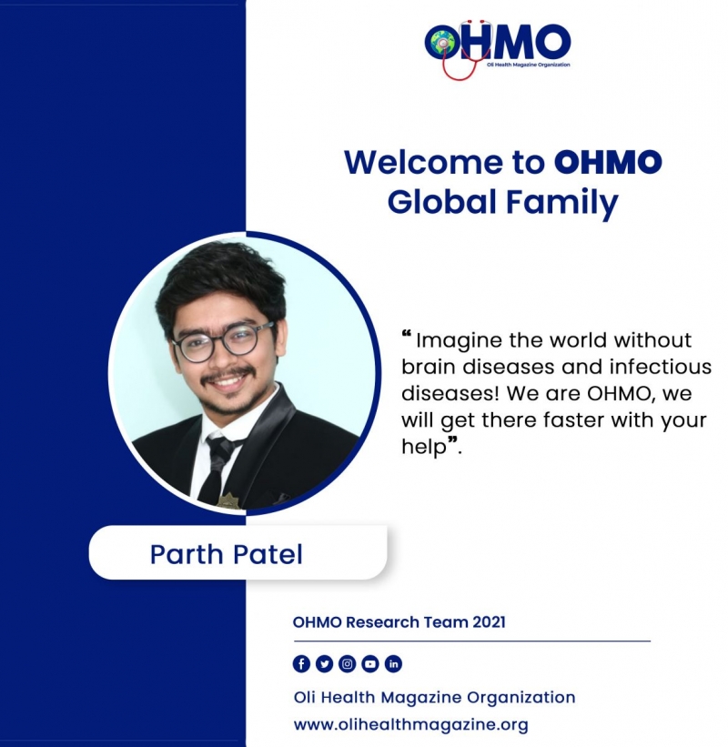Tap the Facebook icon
pyautogui.click(x=301, y=663)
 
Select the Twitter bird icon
pyautogui.click(x=324, y=663)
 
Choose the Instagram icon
pyautogui.click(x=348, y=663)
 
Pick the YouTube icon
pyautogui.click(x=370, y=663)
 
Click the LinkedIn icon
pyautogui.click(x=393, y=663)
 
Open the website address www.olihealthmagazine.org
pyautogui.click(x=411, y=725)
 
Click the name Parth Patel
pyautogui.click(x=227, y=554)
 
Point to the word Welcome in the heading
pyautogui.click(x=423, y=162)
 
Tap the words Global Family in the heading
pyautogui.click(x=502, y=203)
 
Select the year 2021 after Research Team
pyautogui.click(x=489, y=622)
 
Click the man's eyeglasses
pyautogui.click(x=222, y=340)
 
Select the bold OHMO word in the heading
pyautogui.click(x=608, y=162)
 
